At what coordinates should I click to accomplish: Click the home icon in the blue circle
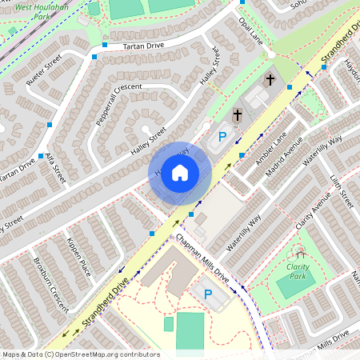click(x=180, y=173)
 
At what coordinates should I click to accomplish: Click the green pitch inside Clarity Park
click(x=292, y=286)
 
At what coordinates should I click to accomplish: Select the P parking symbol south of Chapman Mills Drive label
click(x=207, y=295)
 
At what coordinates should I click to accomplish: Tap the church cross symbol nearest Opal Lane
click(x=270, y=79)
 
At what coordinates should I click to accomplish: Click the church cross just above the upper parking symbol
click(x=237, y=116)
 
